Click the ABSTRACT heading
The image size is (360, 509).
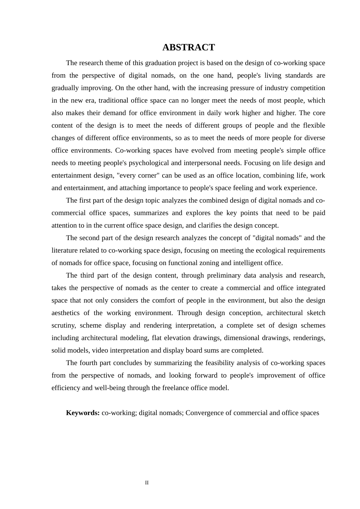[188, 47]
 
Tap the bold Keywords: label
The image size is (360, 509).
[83, 413]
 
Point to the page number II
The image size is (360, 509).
[147, 483]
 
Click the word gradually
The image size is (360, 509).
[64, 88]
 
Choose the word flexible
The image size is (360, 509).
[314, 125]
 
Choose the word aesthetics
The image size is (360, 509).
[66, 313]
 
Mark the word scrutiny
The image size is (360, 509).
[63, 325]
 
